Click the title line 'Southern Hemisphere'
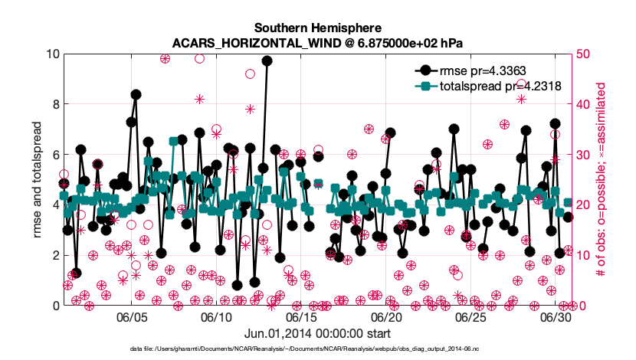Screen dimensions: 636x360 [317, 28]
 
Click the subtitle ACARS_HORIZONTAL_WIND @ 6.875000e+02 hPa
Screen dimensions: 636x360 [317, 43]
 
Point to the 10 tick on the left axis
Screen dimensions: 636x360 [53, 54]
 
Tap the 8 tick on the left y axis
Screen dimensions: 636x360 [56, 104]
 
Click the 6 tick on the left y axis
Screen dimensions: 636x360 [56, 155]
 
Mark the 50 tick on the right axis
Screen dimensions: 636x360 [583, 54]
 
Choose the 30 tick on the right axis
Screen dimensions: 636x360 [583, 155]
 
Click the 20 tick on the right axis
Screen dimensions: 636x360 [583, 205]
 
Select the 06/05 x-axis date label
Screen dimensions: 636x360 [132, 317]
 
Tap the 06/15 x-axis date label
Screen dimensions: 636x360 [301, 317]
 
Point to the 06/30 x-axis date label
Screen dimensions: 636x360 [555, 317]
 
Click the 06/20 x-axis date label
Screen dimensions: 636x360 [385, 317]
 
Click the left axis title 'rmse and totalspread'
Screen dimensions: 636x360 [37, 179]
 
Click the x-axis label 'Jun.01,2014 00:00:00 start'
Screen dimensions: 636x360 [317, 334]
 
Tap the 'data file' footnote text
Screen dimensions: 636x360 [305, 349]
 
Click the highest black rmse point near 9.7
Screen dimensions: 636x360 [267, 61]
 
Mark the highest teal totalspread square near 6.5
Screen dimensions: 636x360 [174, 141]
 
